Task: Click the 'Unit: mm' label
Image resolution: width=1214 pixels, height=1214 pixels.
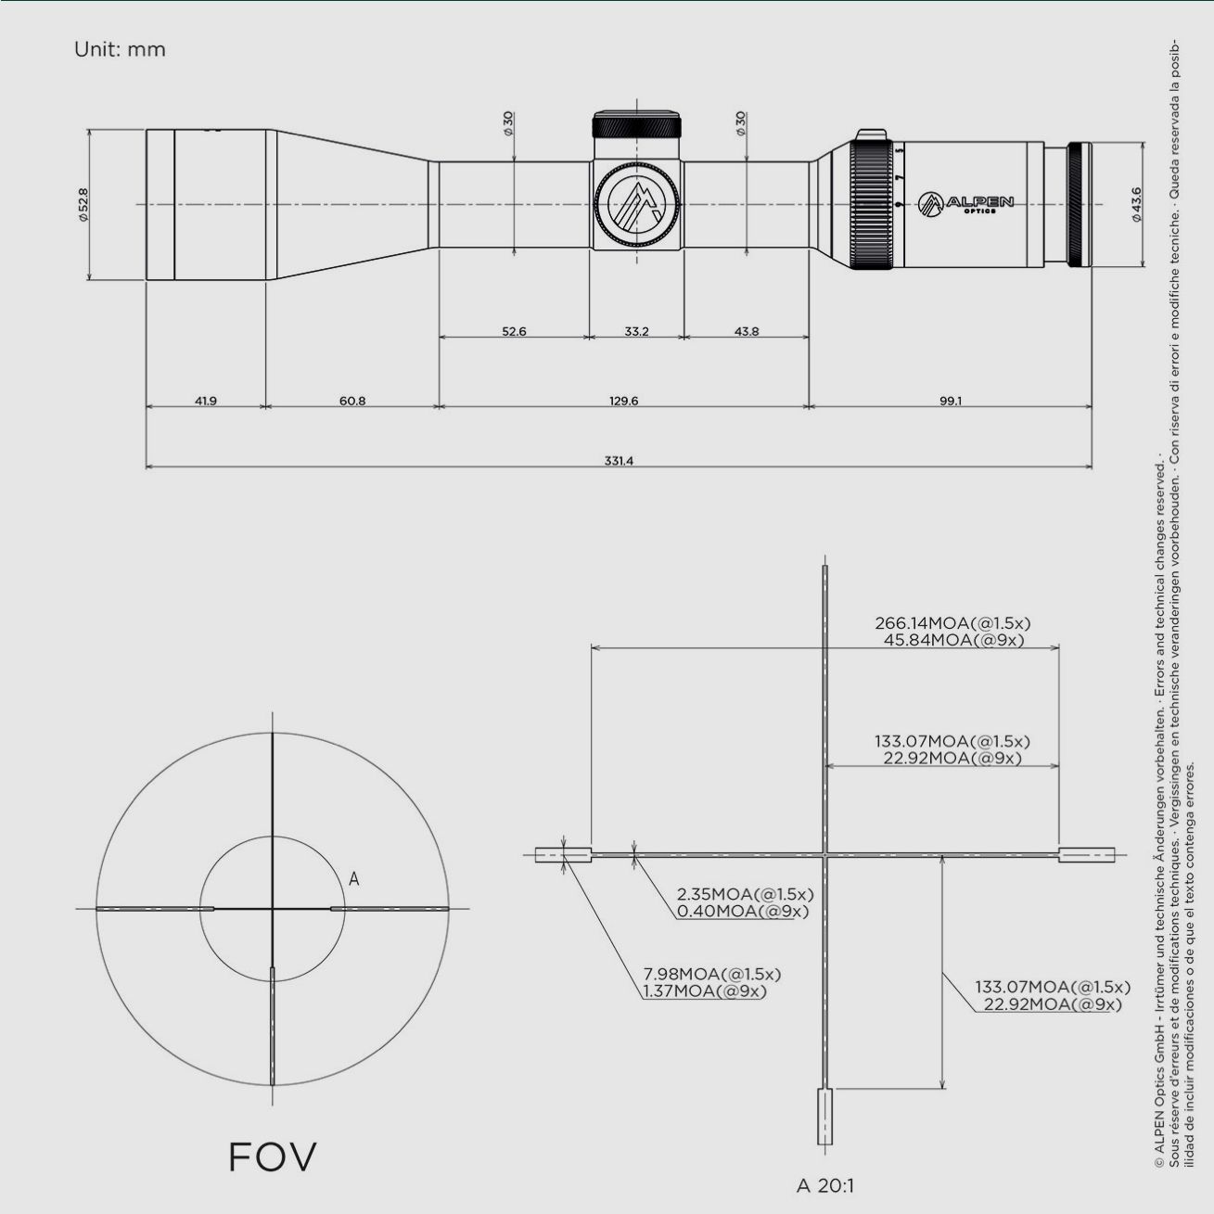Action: click(x=120, y=49)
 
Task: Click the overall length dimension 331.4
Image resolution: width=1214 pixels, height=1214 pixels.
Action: click(x=619, y=461)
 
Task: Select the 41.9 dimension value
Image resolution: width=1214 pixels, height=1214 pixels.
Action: click(x=205, y=401)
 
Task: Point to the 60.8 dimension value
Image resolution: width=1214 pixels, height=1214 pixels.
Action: click(x=352, y=401)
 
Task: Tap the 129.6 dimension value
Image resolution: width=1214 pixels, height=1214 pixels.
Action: click(x=622, y=401)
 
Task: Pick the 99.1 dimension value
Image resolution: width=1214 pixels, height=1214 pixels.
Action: click(x=951, y=401)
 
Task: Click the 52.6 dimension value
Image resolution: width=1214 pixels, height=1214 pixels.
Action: click(x=514, y=331)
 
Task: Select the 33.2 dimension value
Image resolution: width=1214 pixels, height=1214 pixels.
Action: click(x=636, y=331)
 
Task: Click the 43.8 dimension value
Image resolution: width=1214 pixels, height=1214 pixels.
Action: click(x=746, y=331)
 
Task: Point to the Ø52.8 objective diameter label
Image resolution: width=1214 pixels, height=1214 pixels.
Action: click(x=83, y=205)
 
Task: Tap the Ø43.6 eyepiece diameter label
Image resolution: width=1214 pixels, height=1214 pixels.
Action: click(x=1136, y=205)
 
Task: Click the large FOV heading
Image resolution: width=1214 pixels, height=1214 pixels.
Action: click(x=272, y=1156)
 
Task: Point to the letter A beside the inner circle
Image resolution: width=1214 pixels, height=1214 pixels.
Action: click(x=353, y=878)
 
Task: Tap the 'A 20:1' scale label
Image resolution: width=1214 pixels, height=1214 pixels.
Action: click(x=824, y=1185)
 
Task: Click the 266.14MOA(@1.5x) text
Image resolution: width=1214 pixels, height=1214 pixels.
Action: click(x=952, y=623)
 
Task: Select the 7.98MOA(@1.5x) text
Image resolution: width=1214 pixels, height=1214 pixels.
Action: click(x=712, y=974)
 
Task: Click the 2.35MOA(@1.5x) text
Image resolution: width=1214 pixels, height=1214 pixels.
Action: click(x=745, y=894)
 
